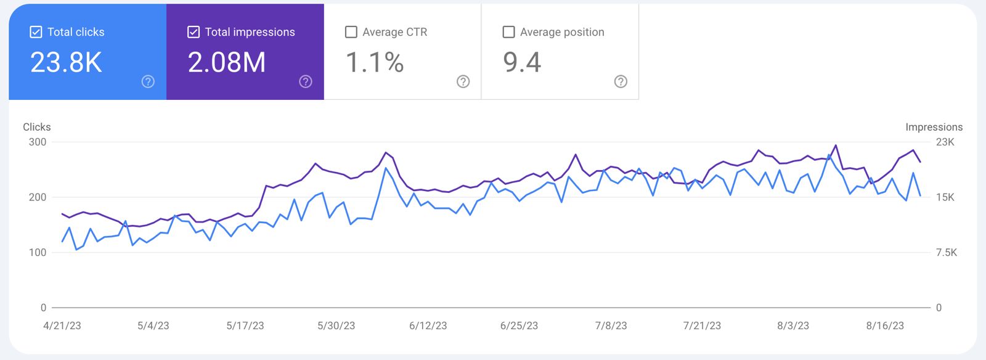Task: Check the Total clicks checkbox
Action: (x=36, y=32)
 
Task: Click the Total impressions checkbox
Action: (x=194, y=32)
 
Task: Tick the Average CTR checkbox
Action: (x=351, y=32)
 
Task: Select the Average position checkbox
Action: (x=509, y=32)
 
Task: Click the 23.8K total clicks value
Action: (x=66, y=62)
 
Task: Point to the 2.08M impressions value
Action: (x=227, y=62)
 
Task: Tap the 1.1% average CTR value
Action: (x=375, y=62)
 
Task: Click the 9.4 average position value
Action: (x=522, y=62)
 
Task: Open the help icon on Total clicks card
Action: (x=148, y=81)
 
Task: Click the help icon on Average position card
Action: (x=621, y=81)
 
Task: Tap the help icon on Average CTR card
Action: (x=463, y=81)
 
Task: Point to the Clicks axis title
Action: (x=37, y=127)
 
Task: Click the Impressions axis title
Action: (x=934, y=127)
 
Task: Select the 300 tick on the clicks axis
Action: (x=38, y=142)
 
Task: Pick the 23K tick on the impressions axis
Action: (x=945, y=142)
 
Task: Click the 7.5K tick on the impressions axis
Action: (x=947, y=252)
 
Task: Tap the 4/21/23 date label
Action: (x=62, y=325)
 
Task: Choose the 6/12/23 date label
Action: (x=428, y=325)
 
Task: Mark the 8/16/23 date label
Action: (x=885, y=325)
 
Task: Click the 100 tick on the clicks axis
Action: (x=38, y=252)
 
